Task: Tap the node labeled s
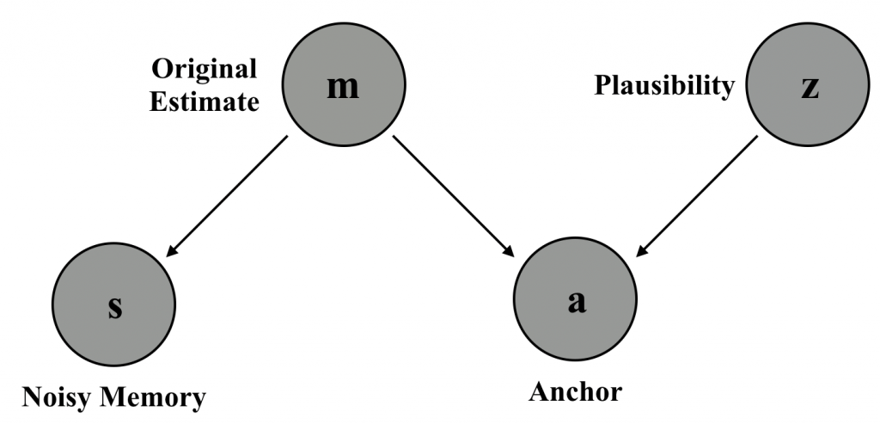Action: (x=114, y=308)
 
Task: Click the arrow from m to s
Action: (x=227, y=197)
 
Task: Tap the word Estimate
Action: (x=205, y=102)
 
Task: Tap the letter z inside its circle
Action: (x=808, y=89)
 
